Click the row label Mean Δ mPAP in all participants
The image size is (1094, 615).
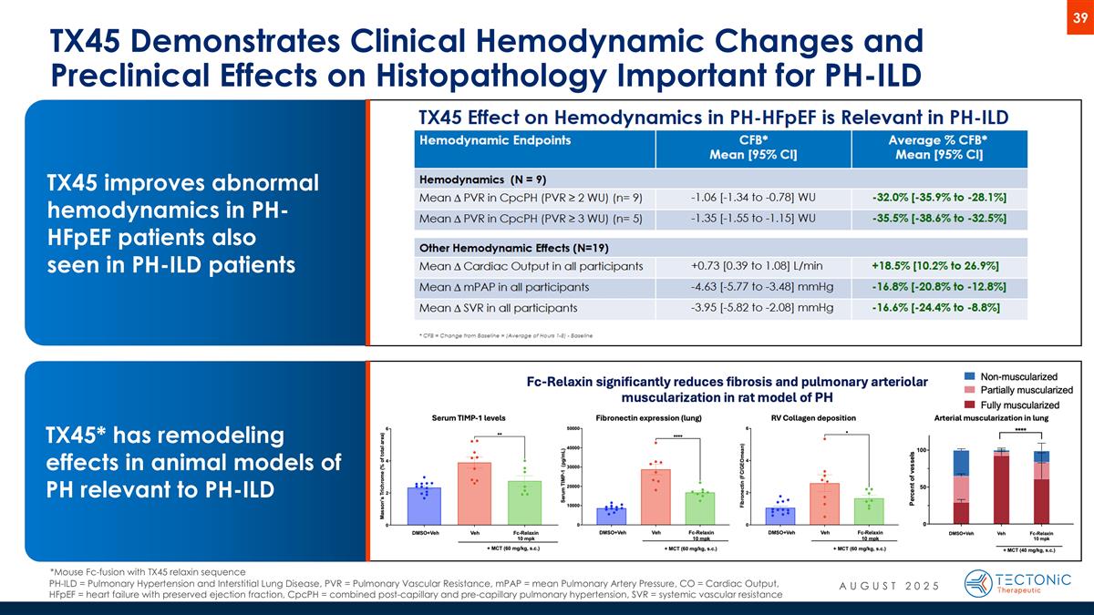[x=503, y=286]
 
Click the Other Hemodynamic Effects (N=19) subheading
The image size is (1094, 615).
[x=513, y=247]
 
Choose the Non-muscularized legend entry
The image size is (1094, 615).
[x=1018, y=376]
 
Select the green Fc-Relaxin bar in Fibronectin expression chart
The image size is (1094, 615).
[x=700, y=508]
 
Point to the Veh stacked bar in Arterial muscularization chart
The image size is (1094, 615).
[x=1001, y=488]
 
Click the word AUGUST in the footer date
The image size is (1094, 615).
[x=863, y=584]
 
